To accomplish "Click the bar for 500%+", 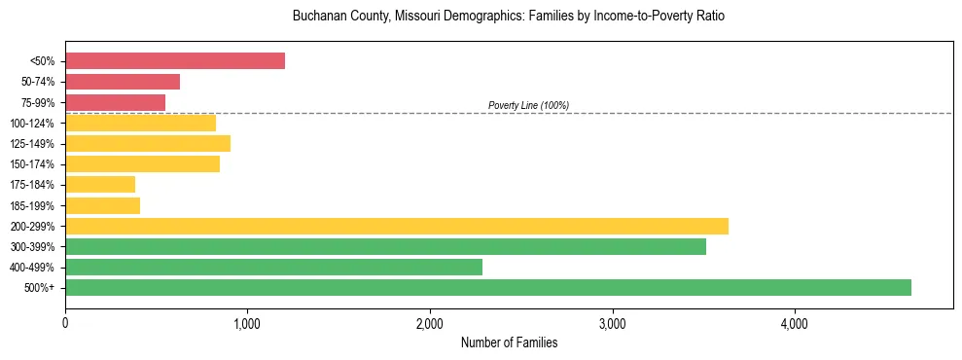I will (x=487, y=287).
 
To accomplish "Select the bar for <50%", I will (x=175, y=61).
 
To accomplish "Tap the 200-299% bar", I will (x=397, y=226).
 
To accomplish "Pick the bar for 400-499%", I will (x=273, y=267).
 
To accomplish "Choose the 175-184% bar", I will (x=100, y=185).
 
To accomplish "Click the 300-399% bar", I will (x=385, y=246).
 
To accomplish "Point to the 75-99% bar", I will (x=115, y=102).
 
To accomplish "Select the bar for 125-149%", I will (x=148, y=143).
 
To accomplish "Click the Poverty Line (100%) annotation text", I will (x=528, y=105).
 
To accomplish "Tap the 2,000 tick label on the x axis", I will (x=430, y=324).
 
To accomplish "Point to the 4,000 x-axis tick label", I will (x=795, y=324).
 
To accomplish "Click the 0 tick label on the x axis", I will (x=65, y=324).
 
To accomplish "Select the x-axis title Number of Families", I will (x=509, y=342).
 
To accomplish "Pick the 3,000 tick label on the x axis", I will (x=613, y=324).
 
